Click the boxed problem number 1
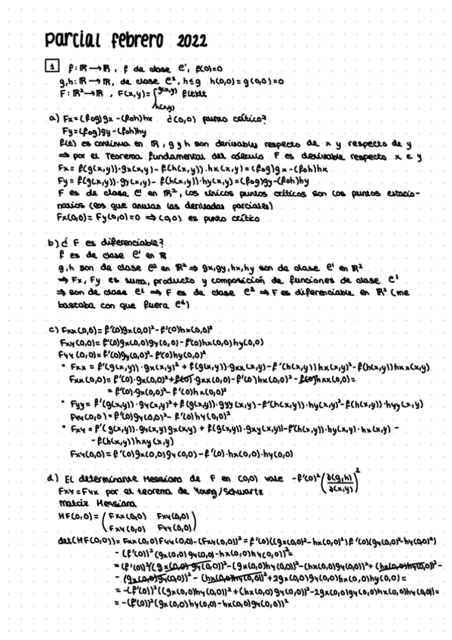pyautogui.click(x=52, y=67)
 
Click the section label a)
pyautogui.click(x=53, y=118)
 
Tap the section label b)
pyautogui.click(x=53, y=242)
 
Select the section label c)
pyautogui.click(x=53, y=329)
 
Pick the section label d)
pyautogui.click(x=53, y=478)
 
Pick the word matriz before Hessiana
pyautogui.click(x=74, y=503)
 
